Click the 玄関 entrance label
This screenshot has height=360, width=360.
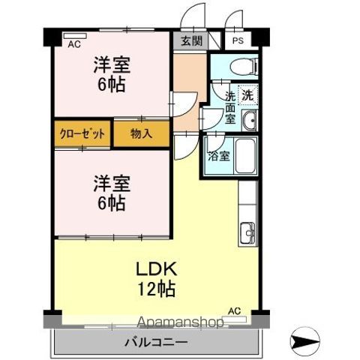[190, 41]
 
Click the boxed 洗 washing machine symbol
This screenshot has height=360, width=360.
[247, 95]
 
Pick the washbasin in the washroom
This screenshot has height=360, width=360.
[250, 120]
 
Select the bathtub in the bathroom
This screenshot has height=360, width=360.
[245, 156]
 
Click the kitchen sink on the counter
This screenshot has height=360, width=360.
[248, 235]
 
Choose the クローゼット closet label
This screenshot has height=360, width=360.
[82, 135]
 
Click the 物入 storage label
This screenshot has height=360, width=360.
[140, 135]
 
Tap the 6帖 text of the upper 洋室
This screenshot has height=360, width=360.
[109, 83]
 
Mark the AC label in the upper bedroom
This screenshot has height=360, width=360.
[73, 44]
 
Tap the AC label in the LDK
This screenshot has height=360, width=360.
[234, 310]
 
